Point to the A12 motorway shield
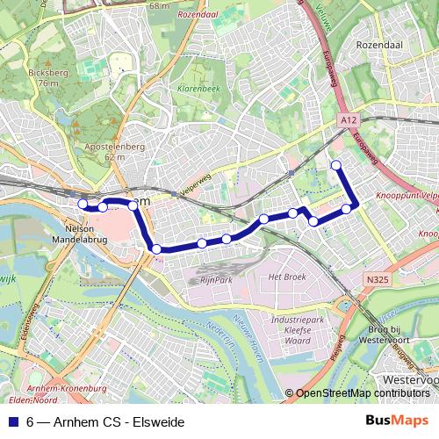(x=348, y=119)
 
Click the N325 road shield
(x=377, y=279)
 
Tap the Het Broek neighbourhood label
(x=285, y=277)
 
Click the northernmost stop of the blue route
(x=335, y=165)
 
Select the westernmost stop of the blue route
(x=83, y=205)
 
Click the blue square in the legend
(x=13, y=422)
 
